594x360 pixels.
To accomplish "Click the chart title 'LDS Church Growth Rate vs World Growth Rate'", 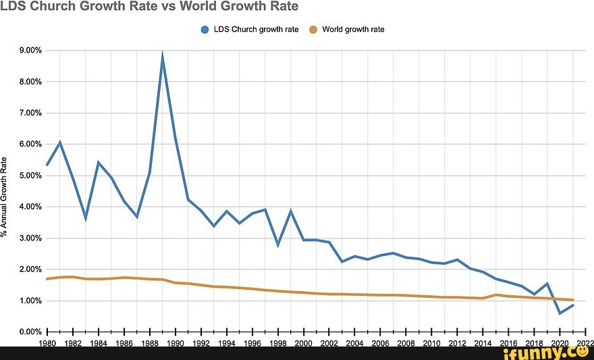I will point(149,7).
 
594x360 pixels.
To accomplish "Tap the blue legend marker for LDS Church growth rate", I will point(205,30).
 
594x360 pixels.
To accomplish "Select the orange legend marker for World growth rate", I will point(313,30).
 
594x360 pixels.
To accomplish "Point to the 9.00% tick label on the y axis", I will point(30,51).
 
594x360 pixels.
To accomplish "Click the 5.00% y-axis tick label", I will point(30,176).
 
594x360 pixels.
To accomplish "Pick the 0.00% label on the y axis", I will point(30,332).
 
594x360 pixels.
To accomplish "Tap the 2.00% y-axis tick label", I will point(30,269).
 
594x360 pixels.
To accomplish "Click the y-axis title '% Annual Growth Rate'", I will point(5,196).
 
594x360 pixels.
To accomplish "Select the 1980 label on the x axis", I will point(47,343).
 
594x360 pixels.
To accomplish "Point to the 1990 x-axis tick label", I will point(175,343).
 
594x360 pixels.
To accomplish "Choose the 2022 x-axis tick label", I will point(585,343).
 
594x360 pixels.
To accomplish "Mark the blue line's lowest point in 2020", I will point(560,313).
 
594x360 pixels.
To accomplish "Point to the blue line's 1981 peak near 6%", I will point(60,142).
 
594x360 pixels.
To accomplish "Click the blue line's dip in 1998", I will point(278,245).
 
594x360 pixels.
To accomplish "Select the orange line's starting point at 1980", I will point(47,279).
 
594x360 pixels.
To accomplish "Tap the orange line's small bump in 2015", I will point(496,294).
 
